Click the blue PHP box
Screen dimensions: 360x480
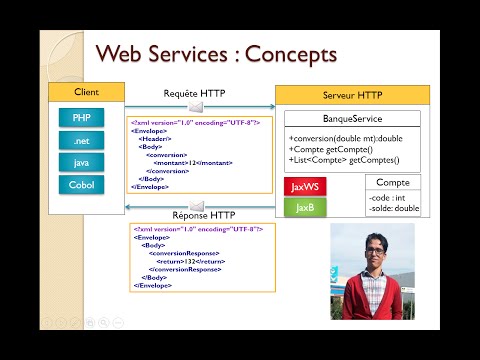point(81,118)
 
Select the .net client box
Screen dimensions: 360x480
point(81,140)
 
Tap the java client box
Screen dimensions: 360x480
point(81,162)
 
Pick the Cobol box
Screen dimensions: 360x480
point(81,184)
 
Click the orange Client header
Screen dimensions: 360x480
point(87,93)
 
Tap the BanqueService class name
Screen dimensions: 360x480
point(351,118)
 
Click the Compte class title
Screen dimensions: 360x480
point(392,182)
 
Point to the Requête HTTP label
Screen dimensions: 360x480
point(194,94)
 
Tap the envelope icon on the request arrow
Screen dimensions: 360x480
point(196,106)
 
